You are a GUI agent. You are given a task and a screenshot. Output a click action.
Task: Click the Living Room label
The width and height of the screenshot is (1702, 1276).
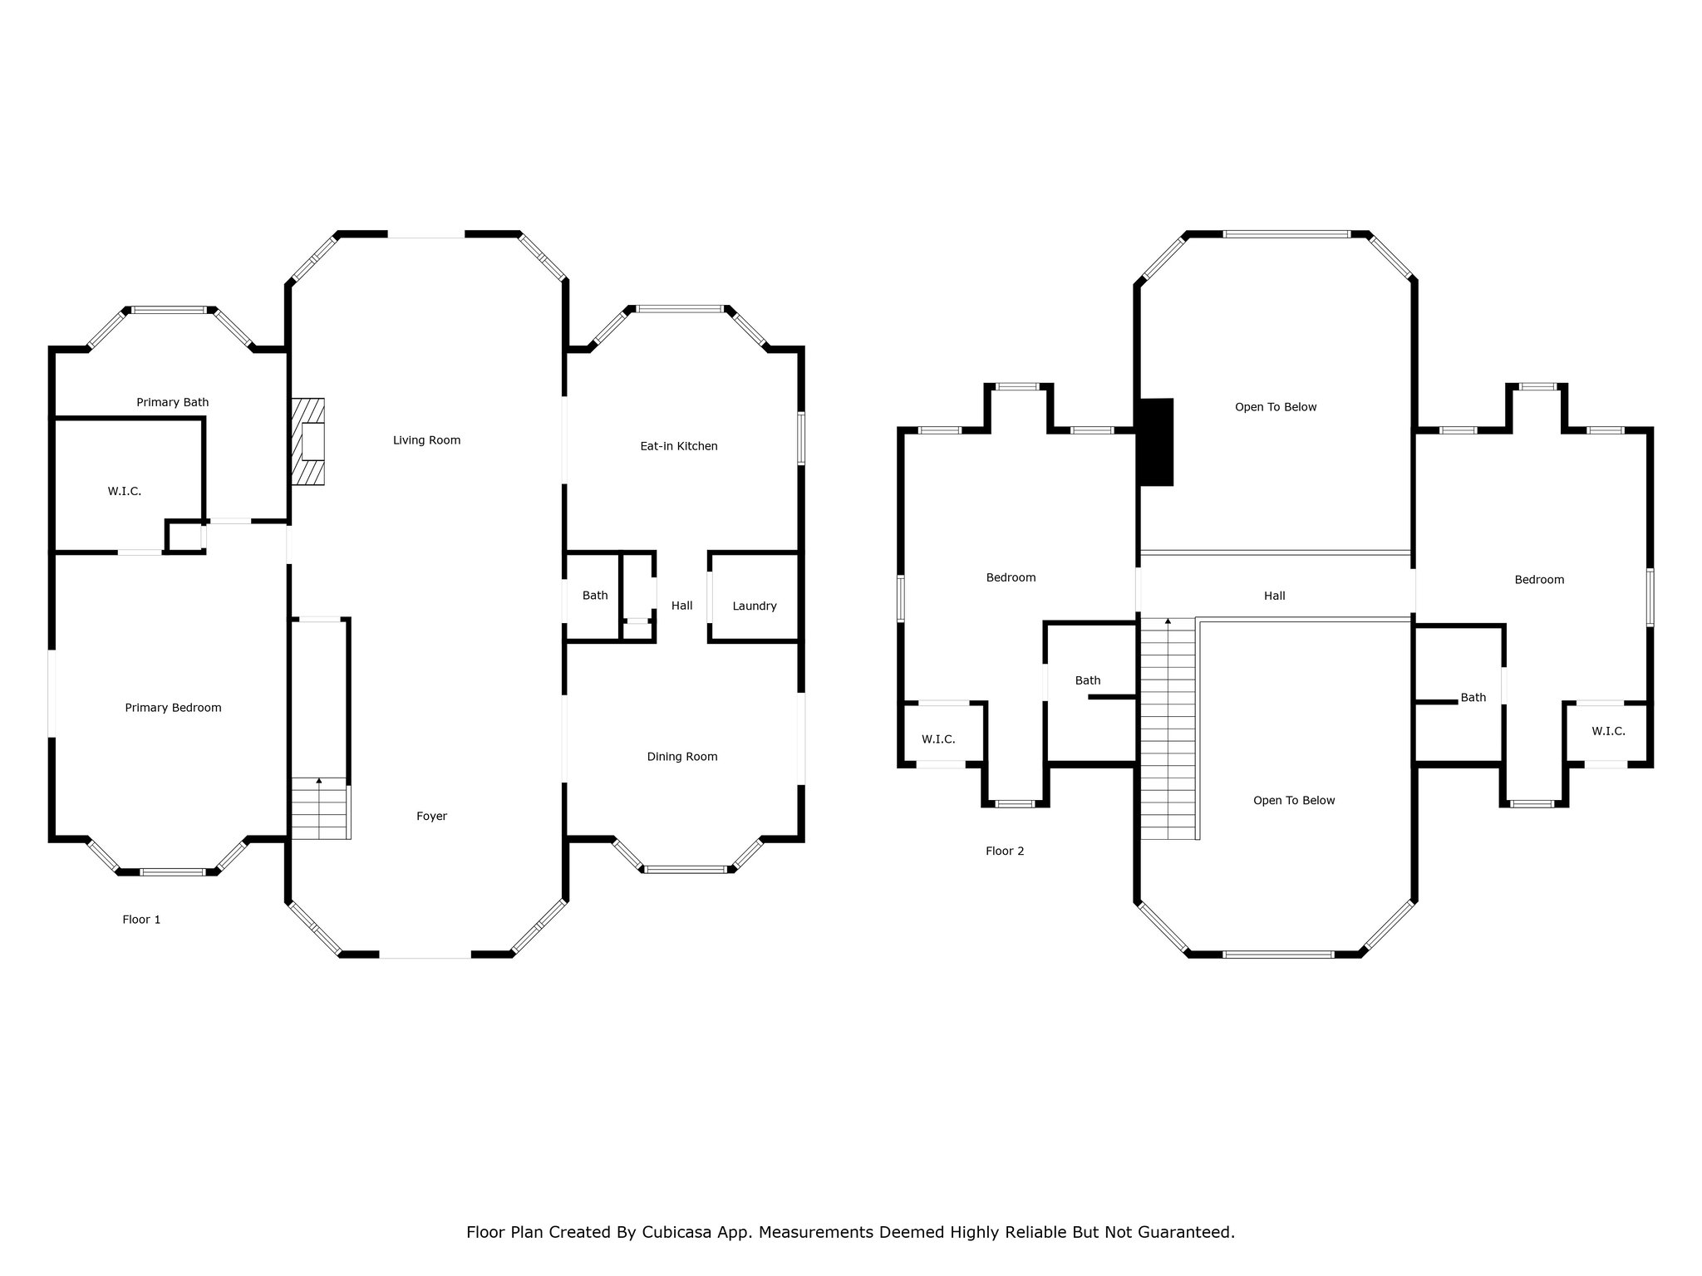(426, 440)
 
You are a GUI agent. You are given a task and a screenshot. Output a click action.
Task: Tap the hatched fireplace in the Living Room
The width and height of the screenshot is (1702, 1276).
(307, 441)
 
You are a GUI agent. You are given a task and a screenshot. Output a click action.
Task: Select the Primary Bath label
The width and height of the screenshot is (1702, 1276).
(173, 403)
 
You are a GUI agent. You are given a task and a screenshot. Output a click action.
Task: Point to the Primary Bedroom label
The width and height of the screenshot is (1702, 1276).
(173, 708)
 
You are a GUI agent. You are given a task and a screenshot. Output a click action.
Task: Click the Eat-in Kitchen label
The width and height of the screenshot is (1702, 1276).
(679, 446)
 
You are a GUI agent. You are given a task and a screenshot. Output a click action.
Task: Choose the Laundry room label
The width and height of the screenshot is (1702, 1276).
(755, 606)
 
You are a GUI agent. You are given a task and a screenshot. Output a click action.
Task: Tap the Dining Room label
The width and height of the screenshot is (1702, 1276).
(682, 757)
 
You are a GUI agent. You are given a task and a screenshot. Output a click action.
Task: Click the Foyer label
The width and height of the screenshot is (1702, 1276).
(432, 817)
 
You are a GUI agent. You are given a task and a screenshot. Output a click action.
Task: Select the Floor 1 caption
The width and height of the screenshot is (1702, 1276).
(141, 920)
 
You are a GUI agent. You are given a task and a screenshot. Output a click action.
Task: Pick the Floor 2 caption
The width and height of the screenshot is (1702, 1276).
(1005, 851)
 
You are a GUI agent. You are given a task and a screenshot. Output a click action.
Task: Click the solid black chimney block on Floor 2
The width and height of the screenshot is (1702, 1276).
(1156, 442)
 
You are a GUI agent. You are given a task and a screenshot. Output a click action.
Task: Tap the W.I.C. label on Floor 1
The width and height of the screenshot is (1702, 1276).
(125, 492)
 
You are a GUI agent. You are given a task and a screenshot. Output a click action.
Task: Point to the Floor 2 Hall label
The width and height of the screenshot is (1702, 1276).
(1275, 596)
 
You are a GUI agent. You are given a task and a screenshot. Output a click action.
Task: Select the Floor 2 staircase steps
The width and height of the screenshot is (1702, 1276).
(1168, 729)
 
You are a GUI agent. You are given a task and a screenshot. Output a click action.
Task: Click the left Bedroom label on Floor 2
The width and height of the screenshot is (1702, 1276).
(1011, 578)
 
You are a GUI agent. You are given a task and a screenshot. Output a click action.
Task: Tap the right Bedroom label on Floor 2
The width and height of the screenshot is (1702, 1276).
(1540, 580)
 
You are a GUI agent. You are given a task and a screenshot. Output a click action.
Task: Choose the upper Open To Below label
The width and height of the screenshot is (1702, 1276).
(1276, 407)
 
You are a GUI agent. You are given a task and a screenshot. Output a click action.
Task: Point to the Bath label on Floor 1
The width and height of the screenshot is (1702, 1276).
(595, 596)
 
